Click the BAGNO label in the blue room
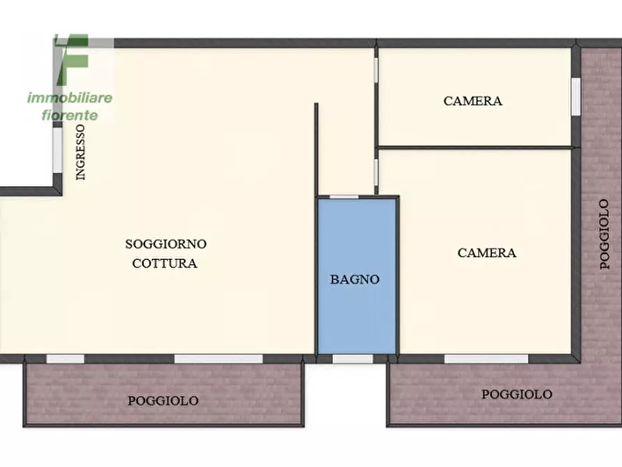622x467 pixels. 355,280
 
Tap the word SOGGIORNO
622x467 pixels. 166,244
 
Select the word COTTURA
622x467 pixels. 164,263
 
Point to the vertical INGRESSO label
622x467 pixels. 81,153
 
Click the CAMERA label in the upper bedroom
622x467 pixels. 472,101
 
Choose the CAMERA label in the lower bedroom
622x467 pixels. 487,253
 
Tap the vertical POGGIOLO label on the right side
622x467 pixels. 605,234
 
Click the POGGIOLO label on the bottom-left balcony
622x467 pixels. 163,401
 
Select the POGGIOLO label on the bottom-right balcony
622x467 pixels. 517,395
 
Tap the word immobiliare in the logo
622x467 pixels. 70,98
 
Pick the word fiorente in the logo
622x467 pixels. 70,114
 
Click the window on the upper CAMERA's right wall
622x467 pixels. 575,96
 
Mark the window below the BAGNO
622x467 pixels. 352,359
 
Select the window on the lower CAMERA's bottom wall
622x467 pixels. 485,359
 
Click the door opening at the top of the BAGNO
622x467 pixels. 343,197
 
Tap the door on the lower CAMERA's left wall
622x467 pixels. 376,171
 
